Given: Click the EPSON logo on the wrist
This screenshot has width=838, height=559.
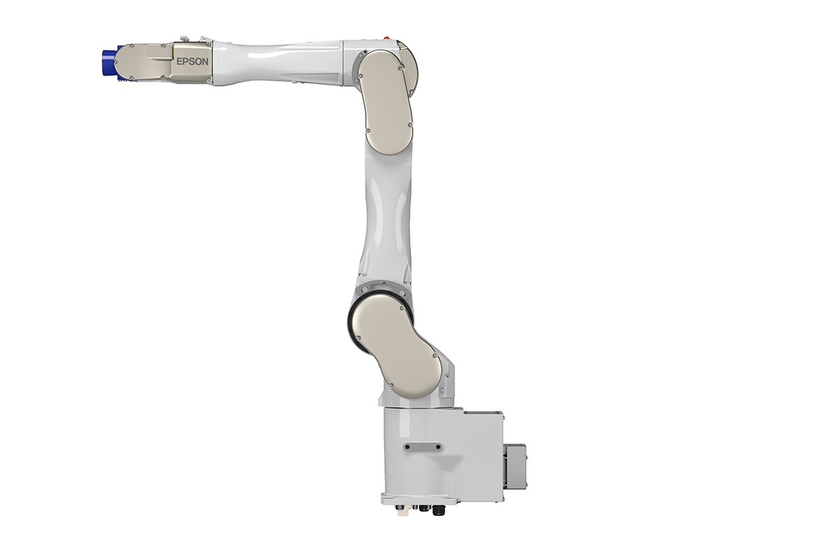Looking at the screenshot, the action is [192, 61].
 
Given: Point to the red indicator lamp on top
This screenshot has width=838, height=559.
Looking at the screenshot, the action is [387, 38].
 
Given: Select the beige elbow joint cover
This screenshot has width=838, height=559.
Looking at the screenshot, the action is [385, 102].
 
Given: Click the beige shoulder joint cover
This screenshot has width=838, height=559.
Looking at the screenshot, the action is [396, 345].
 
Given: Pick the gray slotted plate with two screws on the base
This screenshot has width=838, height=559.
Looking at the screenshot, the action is [423, 447].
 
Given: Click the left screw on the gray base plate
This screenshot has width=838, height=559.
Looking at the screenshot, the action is [408, 447].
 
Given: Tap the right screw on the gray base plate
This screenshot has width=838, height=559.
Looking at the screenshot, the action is [438, 447].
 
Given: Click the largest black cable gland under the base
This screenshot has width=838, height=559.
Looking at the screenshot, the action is [439, 510].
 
